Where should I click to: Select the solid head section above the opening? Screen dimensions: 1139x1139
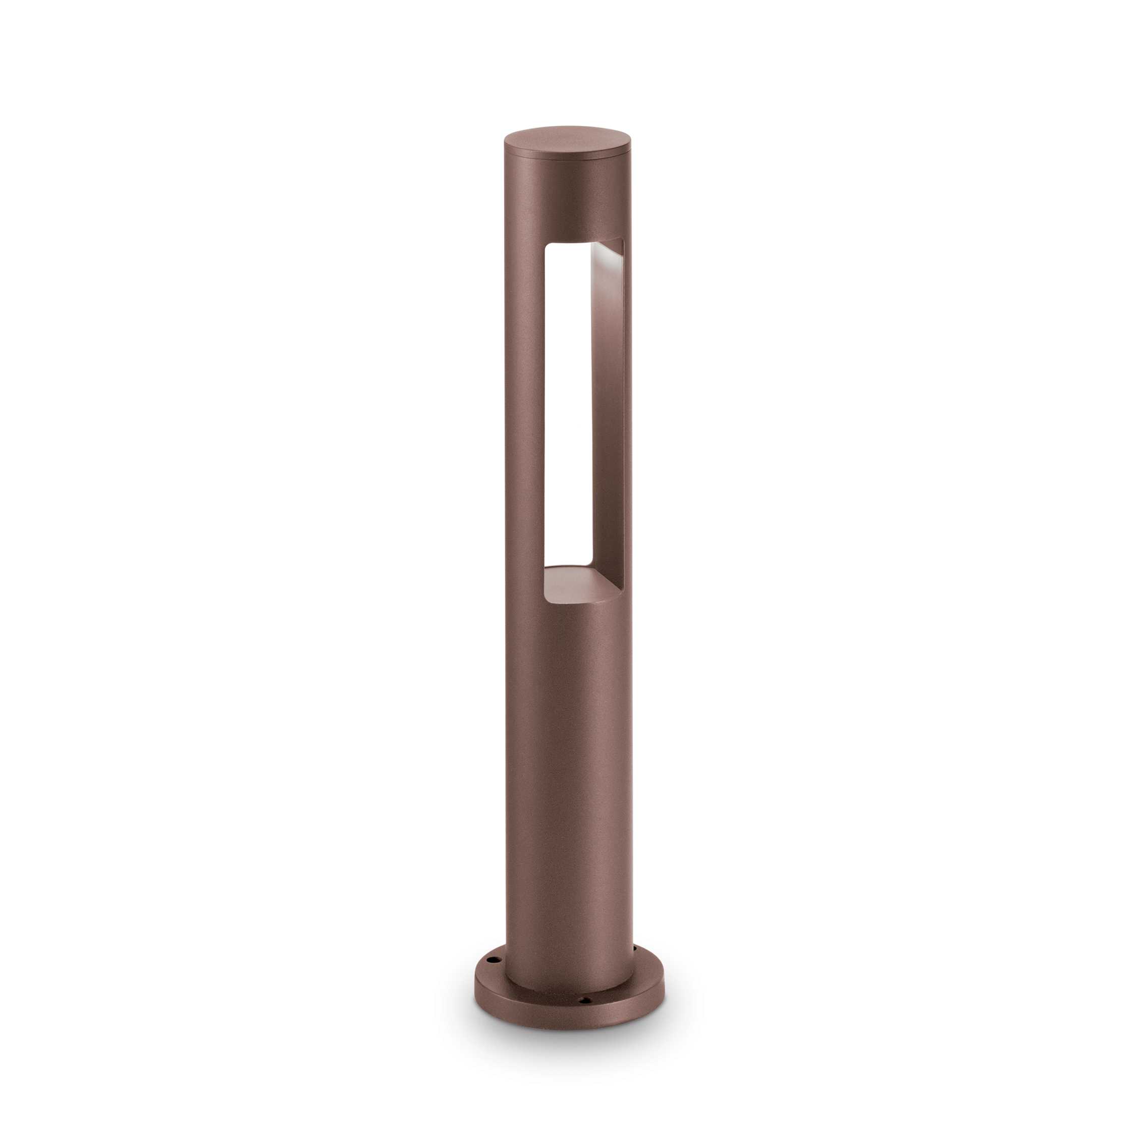click(567, 200)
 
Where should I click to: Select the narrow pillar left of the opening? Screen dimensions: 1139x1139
click(523, 413)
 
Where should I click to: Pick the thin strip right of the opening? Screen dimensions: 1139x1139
click(627, 413)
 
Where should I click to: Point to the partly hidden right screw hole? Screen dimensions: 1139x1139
click(634, 947)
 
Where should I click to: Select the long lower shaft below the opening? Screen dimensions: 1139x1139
click(567, 767)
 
